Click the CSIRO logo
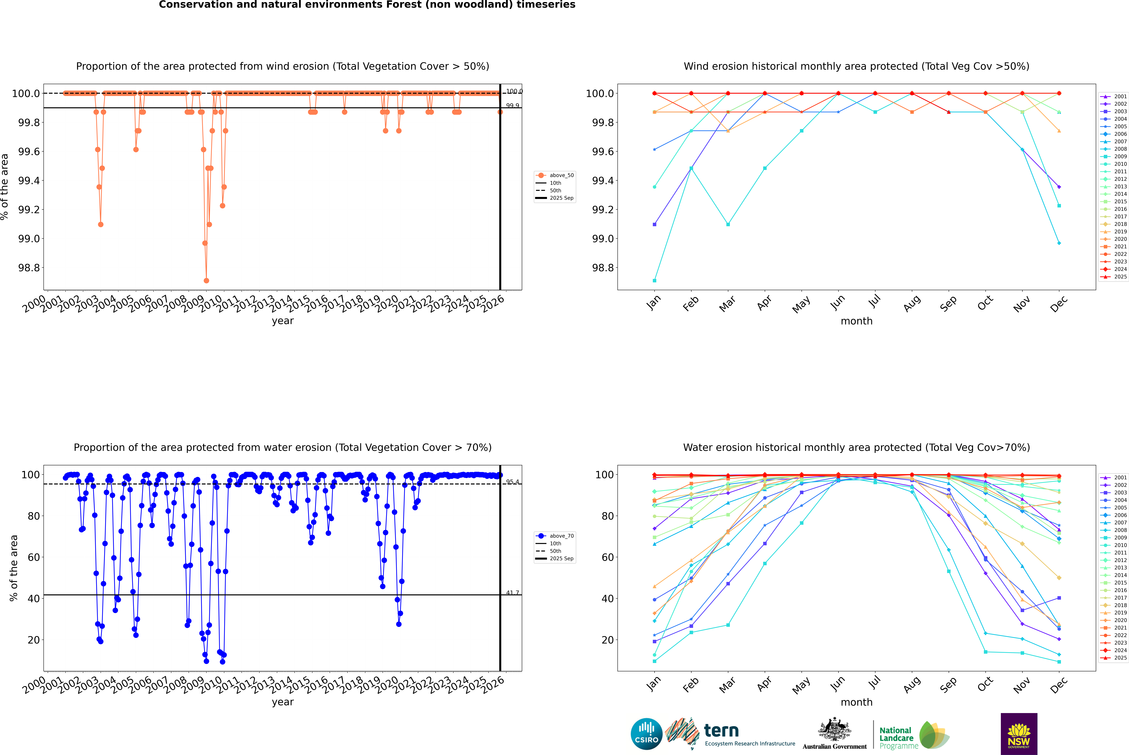point(646,734)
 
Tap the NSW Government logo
point(1019,734)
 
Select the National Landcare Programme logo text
point(896,738)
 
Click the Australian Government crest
point(834,730)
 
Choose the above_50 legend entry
point(561,175)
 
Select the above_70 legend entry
point(561,536)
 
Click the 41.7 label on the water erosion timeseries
point(512,593)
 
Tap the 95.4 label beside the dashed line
point(512,481)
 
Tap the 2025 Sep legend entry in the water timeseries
point(561,559)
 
